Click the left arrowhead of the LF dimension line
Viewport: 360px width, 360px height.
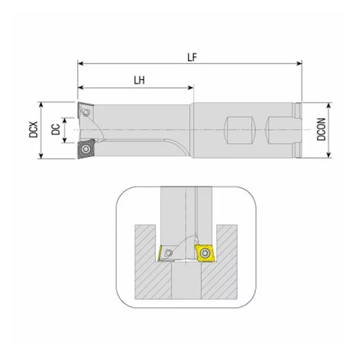tap(79, 63)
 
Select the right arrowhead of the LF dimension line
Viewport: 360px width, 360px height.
tap(297, 63)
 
